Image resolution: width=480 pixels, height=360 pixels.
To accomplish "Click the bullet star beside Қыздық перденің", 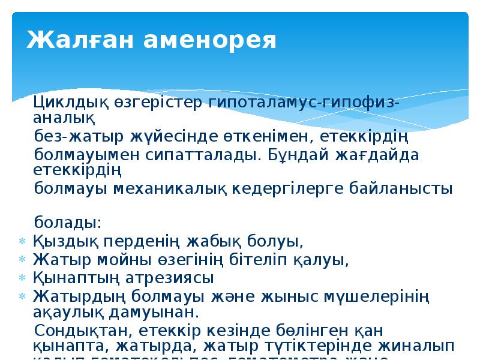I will pyautogui.click(x=21, y=242).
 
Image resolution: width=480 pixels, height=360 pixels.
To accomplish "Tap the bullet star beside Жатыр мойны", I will pyautogui.click(x=21, y=260).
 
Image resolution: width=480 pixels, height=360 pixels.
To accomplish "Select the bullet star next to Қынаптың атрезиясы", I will pyautogui.click(x=21, y=278).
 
